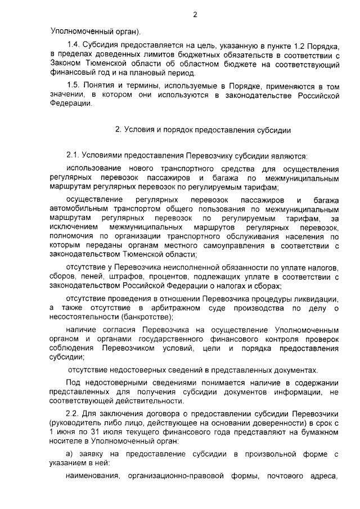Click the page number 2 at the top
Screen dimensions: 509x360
(195, 15)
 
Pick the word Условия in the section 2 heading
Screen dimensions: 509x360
(138, 130)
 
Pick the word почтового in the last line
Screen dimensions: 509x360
(289, 476)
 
